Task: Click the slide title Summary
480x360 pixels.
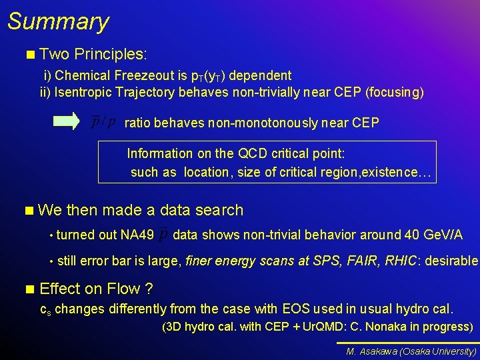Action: pyautogui.click(x=58, y=21)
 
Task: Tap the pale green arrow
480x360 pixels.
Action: pyautogui.click(x=67, y=121)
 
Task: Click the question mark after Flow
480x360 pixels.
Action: pyautogui.click(x=149, y=289)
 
